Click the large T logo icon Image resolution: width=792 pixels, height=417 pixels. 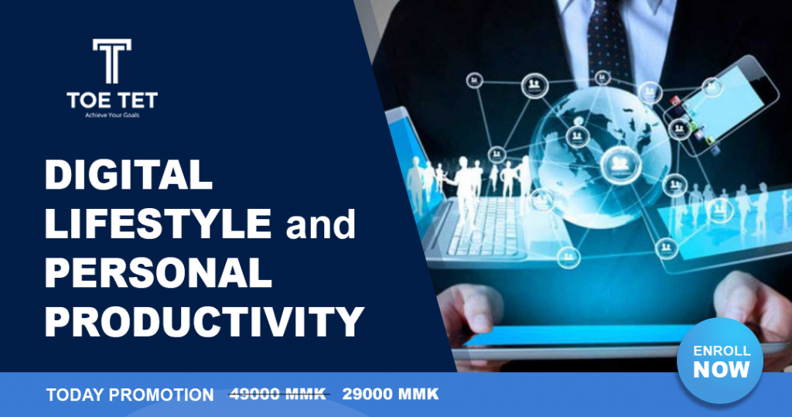pos(111,60)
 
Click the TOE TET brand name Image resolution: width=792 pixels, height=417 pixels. pos(111,100)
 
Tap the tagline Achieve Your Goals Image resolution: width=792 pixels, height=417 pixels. pos(111,115)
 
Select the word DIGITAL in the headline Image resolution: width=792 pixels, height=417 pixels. pos(128,174)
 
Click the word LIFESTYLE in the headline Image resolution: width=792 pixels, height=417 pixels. pos(158,224)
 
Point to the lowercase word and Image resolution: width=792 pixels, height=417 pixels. pos(320,225)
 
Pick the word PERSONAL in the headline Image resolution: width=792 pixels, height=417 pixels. pos(159,273)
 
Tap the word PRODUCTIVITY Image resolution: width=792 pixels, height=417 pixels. pos(204,322)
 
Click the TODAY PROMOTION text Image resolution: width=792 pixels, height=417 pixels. pos(130,395)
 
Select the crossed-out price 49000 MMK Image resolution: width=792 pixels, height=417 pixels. pos(278,394)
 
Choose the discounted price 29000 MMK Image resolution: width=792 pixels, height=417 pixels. pos(391,394)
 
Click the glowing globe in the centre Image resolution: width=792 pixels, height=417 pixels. pos(602,157)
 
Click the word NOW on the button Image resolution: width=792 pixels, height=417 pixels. pos(721,370)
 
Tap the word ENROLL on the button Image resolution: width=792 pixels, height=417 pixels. pos(722,350)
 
